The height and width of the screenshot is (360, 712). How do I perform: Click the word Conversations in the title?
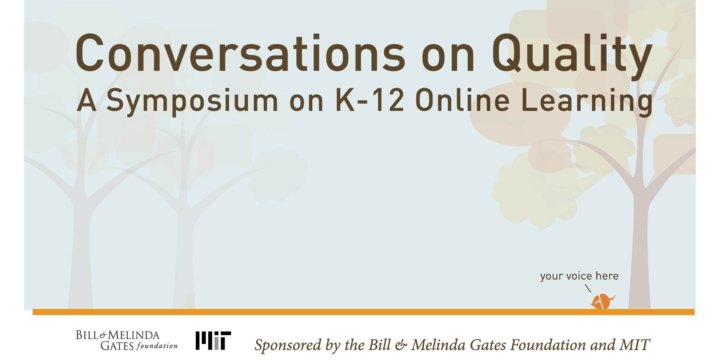(240, 53)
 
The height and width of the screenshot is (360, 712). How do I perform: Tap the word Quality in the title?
(572, 57)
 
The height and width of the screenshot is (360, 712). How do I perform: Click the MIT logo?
(213, 340)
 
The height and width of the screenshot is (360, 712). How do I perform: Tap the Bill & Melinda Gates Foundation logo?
(127, 340)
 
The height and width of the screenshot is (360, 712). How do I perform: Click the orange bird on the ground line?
(603, 302)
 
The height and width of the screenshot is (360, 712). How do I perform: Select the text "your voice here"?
(579, 276)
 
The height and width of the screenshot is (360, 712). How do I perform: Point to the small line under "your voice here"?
(588, 288)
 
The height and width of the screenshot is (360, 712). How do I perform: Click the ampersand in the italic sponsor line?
(401, 345)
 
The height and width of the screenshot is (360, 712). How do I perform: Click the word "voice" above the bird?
(579, 276)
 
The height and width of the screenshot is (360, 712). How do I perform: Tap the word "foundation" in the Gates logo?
(157, 345)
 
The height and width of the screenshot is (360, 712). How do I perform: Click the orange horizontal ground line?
(364, 312)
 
